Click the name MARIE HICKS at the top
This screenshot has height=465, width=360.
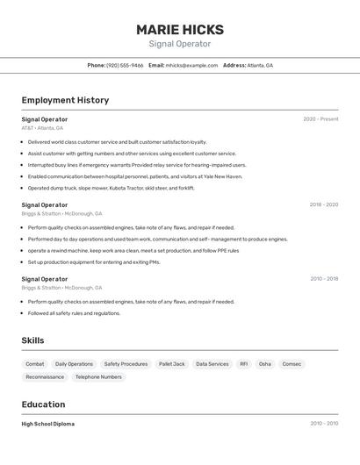(179, 29)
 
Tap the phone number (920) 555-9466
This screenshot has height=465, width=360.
(125, 65)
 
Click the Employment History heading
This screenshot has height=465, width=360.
(65, 100)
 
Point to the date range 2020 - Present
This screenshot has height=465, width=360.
(320, 119)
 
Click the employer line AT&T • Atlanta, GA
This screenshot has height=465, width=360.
(42, 128)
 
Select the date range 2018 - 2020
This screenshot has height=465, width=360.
(323, 204)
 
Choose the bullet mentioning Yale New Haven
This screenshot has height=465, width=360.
(134, 176)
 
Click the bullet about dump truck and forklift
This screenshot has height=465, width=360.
(111, 188)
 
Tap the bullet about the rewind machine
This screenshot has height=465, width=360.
(133, 250)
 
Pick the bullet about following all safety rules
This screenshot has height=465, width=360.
(74, 312)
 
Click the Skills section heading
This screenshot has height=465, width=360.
(32, 340)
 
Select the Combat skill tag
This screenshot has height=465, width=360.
(35, 363)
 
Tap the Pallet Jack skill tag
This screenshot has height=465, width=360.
(171, 363)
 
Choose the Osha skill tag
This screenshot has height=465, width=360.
(264, 363)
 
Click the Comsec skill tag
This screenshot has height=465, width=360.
(292, 363)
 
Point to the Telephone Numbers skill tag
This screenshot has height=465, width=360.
(98, 376)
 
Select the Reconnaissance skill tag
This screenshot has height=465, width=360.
(45, 376)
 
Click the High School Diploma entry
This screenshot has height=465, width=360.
(48, 424)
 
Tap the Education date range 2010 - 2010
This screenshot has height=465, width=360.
(323, 424)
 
